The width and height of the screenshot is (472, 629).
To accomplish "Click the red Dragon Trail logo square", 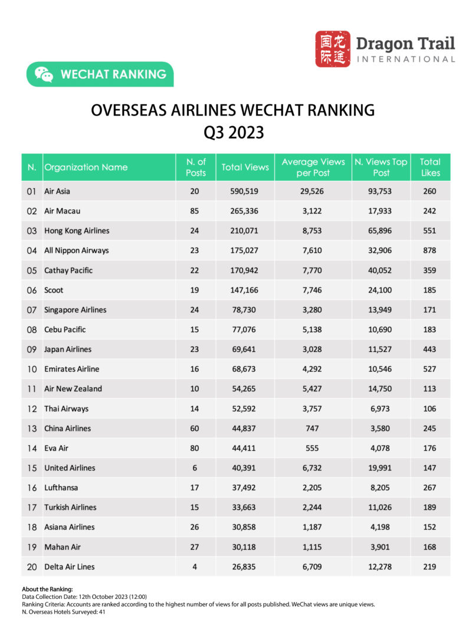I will point(332,49).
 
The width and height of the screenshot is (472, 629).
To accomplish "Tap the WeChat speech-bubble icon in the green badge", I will point(44,74).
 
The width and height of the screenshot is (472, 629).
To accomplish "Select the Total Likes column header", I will point(430,167).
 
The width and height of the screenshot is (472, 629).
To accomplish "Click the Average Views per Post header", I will point(313,167).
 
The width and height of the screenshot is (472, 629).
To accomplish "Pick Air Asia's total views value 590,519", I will point(245,192).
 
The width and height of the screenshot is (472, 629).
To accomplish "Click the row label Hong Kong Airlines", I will point(77,230).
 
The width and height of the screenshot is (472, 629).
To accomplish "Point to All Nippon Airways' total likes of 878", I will point(430,251).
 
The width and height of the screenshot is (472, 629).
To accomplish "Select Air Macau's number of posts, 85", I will point(195,211).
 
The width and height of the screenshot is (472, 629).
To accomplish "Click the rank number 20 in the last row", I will point(32,567).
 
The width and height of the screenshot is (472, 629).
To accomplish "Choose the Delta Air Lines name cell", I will point(69,567).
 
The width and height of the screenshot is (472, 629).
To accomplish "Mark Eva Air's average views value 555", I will point(313,448).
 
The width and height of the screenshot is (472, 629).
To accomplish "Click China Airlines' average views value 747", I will point(313,429).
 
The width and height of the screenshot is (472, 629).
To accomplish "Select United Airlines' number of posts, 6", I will point(195,468).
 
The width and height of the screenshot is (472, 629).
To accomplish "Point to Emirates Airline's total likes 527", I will point(430,369).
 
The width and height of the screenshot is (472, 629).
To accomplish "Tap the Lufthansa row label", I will point(61,488).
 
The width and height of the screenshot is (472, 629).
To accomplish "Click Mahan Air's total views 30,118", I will point(245,547).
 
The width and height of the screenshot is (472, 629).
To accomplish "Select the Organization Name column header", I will point(86,167).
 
